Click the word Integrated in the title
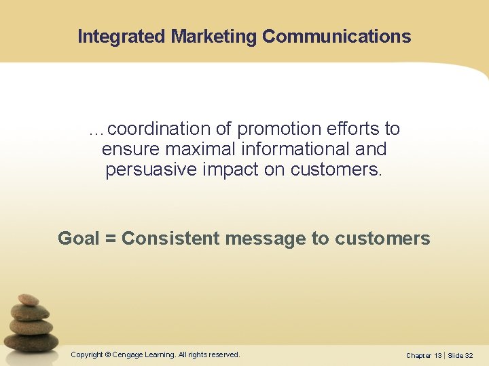122,37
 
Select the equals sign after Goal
111,239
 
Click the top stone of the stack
29,300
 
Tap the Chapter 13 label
424,355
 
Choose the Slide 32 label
460,355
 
